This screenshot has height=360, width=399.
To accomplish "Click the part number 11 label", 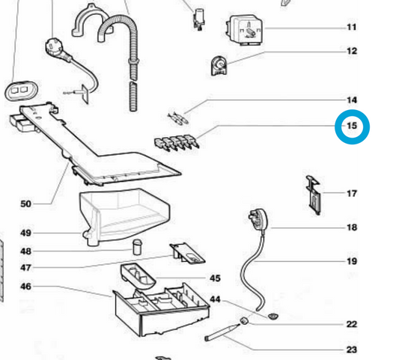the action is (352, 27).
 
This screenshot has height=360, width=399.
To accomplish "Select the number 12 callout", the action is (352, 51).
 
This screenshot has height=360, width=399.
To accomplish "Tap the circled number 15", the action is (352, 126).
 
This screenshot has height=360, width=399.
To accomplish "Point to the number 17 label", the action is (352, 194).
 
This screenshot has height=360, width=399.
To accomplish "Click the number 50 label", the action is (25, 204).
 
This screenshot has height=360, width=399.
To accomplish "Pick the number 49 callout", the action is (25, 233).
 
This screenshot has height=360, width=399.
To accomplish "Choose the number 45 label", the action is (215, 278).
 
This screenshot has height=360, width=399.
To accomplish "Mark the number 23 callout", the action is (352, 350).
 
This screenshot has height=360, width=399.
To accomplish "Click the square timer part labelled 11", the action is (244, 30).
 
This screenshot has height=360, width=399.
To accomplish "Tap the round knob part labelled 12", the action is (219, 66).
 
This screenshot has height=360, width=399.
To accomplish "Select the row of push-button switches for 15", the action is (177, 142).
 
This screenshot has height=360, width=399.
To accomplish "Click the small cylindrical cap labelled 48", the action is (138, 246).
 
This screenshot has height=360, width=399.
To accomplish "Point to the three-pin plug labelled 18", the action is (258, 219).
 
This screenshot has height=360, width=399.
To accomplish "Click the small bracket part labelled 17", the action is (314, 195).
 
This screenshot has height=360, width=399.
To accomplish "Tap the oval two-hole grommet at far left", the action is (21, 91).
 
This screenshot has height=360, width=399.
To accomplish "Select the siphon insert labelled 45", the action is (138, 275).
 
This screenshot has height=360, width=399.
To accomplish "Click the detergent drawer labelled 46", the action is (161, 309).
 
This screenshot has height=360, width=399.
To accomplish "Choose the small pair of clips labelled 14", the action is (178, 118).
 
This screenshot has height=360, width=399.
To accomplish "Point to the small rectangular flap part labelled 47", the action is (187, 253).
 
